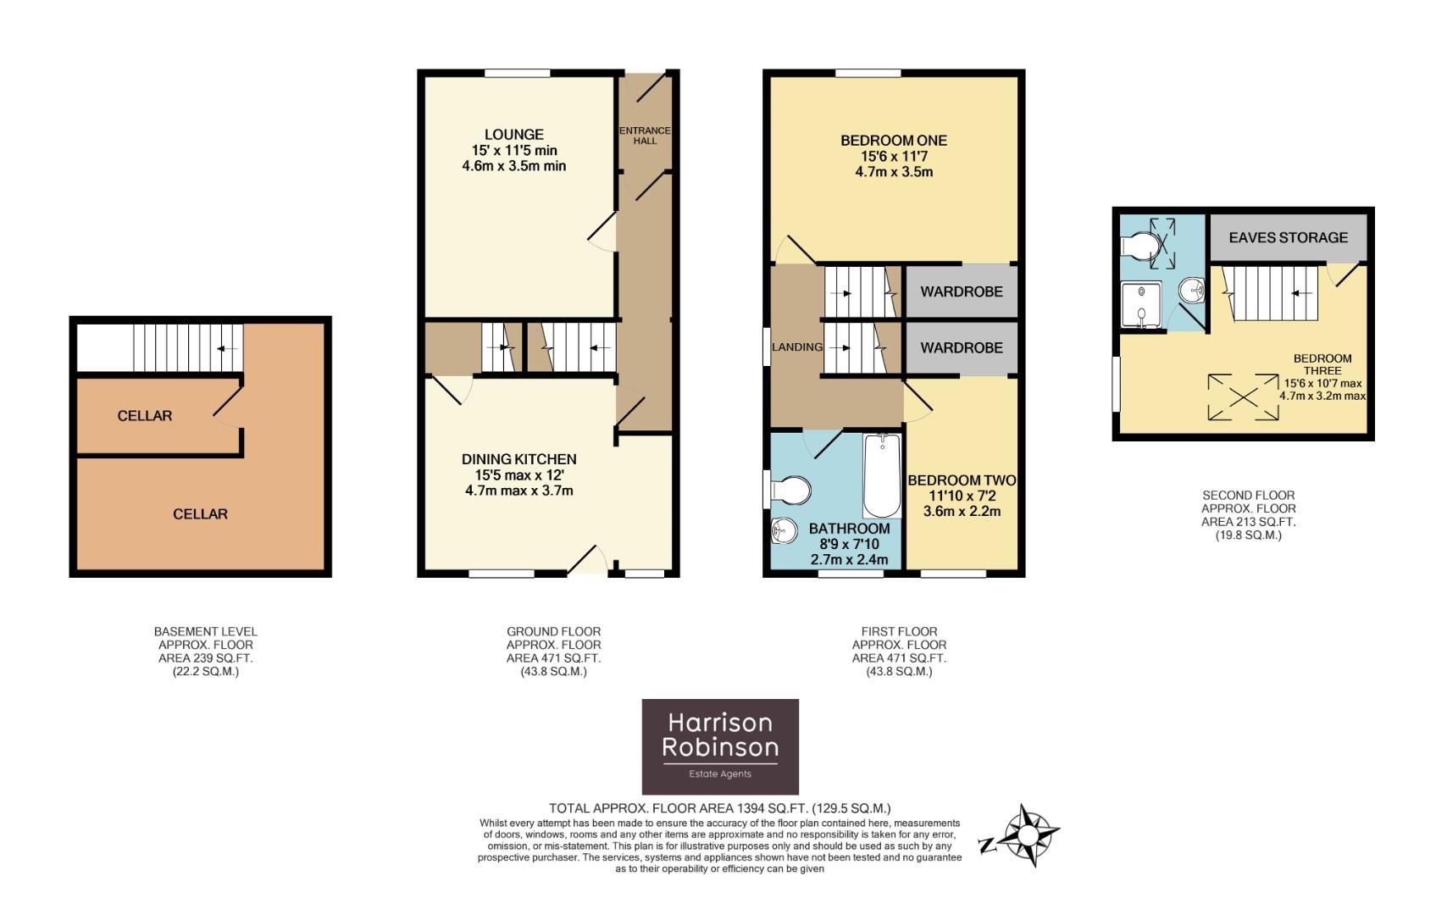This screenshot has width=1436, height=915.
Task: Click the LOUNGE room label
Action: point(513,135)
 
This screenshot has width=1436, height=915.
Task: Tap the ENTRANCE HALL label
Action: point(645,136)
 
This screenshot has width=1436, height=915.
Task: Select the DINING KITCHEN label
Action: point(518,459)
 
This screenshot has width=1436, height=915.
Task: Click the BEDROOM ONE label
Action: point(893,141)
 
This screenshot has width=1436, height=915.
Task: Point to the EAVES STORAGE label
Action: point(1288,238)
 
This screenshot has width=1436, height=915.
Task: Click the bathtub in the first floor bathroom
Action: point(882,475)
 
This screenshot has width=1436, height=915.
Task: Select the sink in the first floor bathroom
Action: point(784,531)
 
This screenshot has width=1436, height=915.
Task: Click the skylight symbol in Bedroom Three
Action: point(1243,396)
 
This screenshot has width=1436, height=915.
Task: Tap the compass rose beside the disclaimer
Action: point(1027,835)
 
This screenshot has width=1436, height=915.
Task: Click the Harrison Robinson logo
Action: point(720,746)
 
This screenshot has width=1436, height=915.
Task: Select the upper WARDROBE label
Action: point(961,291)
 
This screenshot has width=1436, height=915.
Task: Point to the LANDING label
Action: point(796,347)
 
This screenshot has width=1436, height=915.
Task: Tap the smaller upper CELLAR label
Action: point(145,416)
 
